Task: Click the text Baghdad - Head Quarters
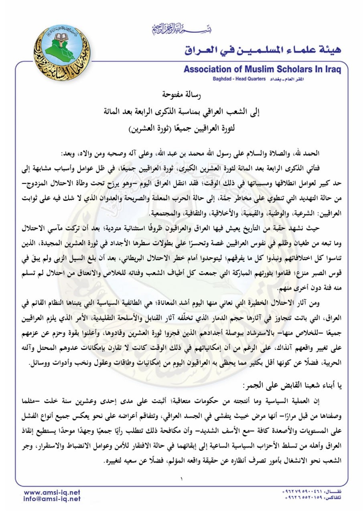[x=239, y=79]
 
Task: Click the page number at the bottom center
[x=181, y=479]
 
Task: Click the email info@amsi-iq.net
[x=52, y=499]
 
